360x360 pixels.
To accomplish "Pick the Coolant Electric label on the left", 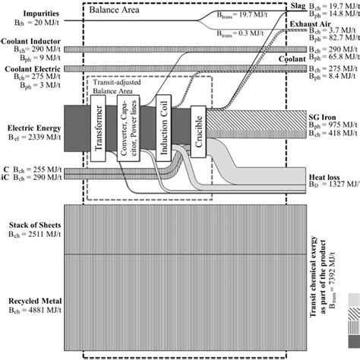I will [x=31, y=68].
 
